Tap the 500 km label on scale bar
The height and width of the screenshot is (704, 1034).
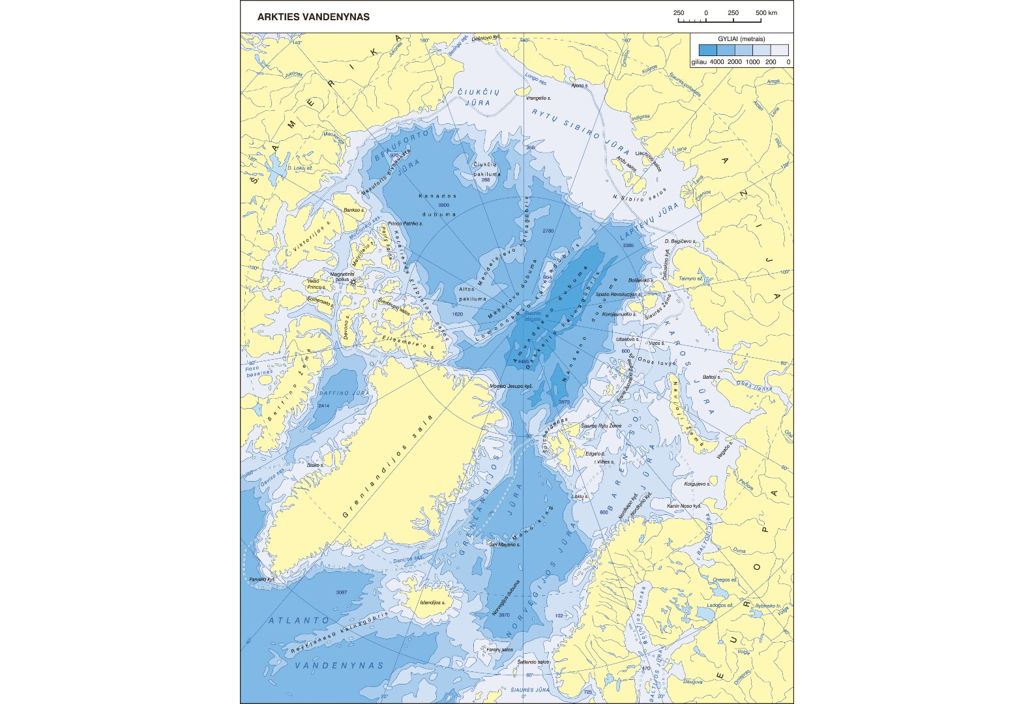[x=767, y=13]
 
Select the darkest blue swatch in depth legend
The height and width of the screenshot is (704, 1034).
[x=707, y=50]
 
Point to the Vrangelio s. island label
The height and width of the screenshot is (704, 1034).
[x=539, y=98]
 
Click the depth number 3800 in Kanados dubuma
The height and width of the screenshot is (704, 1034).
[x=444, y=205]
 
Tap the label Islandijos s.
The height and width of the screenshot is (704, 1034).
[x=433, y=602]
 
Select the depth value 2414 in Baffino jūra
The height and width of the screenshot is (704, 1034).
[x=323, y=406]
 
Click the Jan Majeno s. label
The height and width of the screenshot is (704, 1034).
[x=505, y=544]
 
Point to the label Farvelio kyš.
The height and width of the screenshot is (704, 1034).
[x=262, y=579]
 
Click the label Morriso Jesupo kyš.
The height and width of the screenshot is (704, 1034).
[x=511, y=387]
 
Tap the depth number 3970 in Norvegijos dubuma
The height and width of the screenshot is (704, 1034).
[x=504, y=615]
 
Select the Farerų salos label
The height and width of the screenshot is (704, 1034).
[x=500, y=649]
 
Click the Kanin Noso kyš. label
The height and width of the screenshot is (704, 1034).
[x=683, y=506]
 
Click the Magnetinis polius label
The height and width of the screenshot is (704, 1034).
[x=343, y=276]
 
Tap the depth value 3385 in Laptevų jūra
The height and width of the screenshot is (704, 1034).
[x=628, y=245]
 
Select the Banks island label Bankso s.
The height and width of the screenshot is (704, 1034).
[x=353, y=210]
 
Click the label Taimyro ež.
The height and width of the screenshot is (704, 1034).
[x=690, y=278]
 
